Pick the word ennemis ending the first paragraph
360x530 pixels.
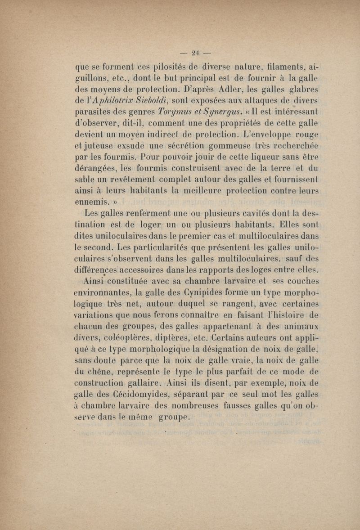[91, 205]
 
